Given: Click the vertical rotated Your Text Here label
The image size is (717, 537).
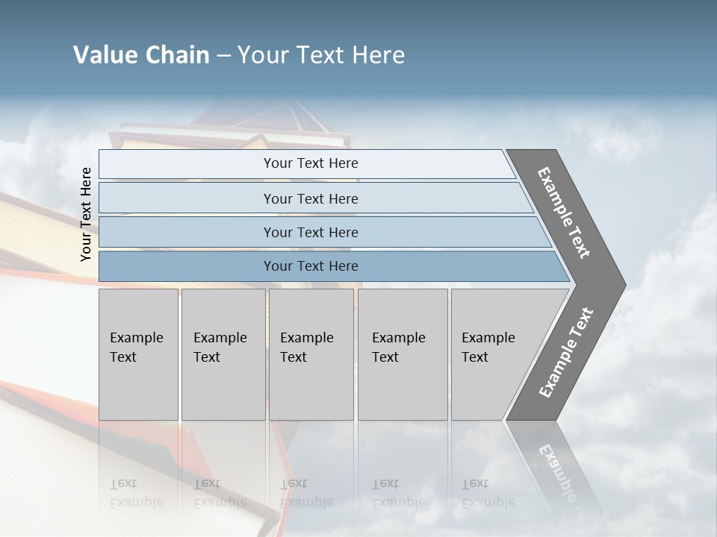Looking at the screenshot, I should click(86, 215).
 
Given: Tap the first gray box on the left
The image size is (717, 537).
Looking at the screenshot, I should click(138, 354).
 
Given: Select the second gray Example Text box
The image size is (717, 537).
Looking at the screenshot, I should click(223, 354).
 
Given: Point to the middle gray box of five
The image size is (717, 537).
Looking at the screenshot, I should click(311, 354).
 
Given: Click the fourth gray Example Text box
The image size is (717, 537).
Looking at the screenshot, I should click(403, 354).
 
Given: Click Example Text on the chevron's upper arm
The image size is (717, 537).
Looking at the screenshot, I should click(564, 213).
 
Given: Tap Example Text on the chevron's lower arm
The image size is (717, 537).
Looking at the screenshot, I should click(565, 353).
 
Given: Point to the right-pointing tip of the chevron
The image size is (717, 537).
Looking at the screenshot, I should click(623, 284).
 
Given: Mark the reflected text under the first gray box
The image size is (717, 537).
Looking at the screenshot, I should click(136, 493).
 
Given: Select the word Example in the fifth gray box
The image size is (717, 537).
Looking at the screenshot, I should click(488, 338).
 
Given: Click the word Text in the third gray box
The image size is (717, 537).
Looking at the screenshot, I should click(294, 357).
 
